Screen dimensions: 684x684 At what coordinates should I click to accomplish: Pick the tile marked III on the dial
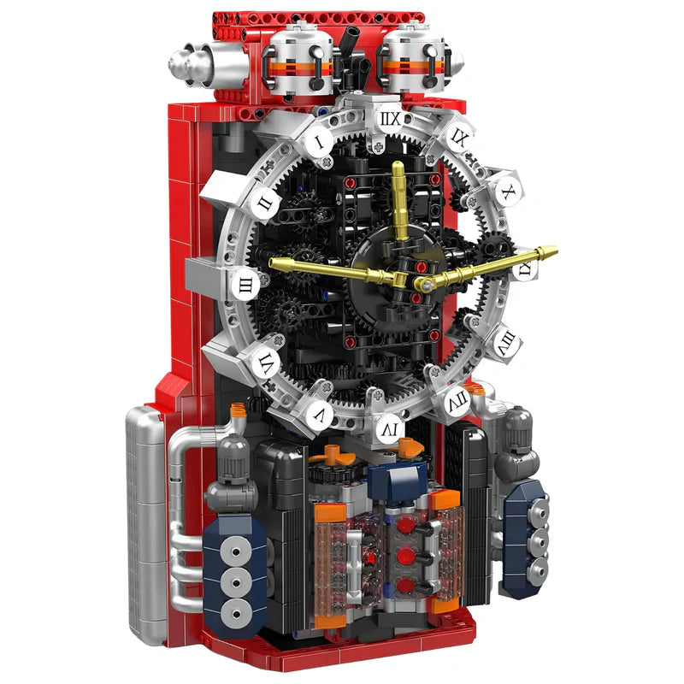[x=245, y=286]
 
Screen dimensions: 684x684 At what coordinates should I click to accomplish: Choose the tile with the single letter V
[x=317, y=416]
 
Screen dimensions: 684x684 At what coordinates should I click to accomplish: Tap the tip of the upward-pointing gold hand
[x=398, y=165]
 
